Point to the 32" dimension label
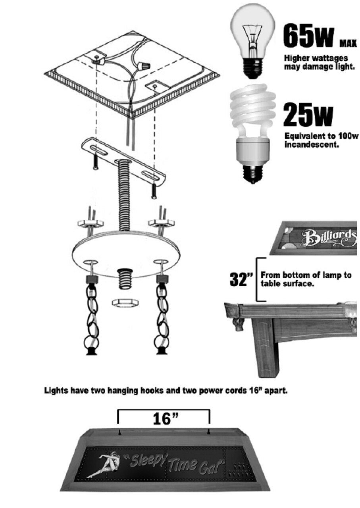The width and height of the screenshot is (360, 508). click(x=241, y=279)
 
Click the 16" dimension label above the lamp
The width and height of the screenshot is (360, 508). click(x=164, y=418)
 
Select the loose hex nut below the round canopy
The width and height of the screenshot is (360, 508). click(x=125, y=303)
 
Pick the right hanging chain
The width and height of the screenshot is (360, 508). click(x=162, y=314)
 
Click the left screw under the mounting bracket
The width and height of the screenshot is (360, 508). click(x=95, y=161)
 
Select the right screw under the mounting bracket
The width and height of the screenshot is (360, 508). click(x=154, y=190)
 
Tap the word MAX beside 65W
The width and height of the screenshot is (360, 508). click(x=348, y=43)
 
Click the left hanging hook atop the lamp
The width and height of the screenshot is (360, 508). click(x=119, y=431)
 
